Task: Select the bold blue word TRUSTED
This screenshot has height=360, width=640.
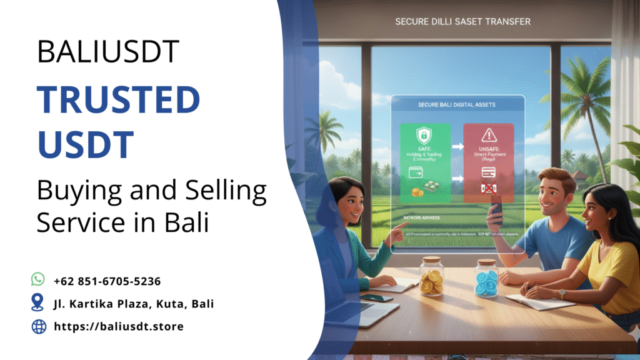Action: pos(118,101)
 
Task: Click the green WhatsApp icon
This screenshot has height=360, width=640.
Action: pos(38,279)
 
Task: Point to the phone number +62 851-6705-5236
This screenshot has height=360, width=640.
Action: pos(107,281)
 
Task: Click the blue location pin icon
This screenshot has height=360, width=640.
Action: pos(38,303)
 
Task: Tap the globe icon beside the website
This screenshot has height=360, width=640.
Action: pos(38,326)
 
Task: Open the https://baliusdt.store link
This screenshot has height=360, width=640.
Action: pos(119,326)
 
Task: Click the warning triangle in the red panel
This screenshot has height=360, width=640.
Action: pos(488,136)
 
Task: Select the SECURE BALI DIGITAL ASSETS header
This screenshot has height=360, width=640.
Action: pos(457,104)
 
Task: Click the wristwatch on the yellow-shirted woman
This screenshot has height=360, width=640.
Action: pos(562,292)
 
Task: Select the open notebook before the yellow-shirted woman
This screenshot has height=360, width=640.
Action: pos(539,301)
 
